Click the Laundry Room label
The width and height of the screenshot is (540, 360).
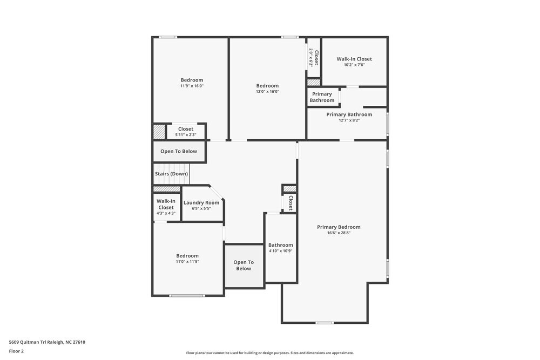point(201,202)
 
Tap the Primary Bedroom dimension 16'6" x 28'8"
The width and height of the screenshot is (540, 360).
point(339,233)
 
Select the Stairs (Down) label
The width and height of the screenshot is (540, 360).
point(172,174)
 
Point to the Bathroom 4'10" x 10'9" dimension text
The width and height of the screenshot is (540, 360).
point(281,251)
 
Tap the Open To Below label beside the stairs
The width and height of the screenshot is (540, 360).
point(179,152)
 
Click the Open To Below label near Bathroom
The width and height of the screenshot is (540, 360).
point(244,265)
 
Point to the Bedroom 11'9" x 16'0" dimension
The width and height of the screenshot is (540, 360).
point(192,86)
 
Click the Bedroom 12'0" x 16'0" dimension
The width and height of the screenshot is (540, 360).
point(267,92)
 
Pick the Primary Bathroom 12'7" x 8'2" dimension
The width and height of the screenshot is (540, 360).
point(349,120)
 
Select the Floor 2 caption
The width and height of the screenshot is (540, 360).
point(16,351)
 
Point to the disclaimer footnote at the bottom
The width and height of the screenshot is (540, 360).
point(270,353)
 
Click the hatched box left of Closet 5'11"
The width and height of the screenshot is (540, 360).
point(159,132)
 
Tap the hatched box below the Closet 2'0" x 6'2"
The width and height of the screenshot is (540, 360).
point(314,82)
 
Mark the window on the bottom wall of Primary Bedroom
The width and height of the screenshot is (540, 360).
point(325,323)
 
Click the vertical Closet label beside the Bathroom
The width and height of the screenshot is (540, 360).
point(290,203)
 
